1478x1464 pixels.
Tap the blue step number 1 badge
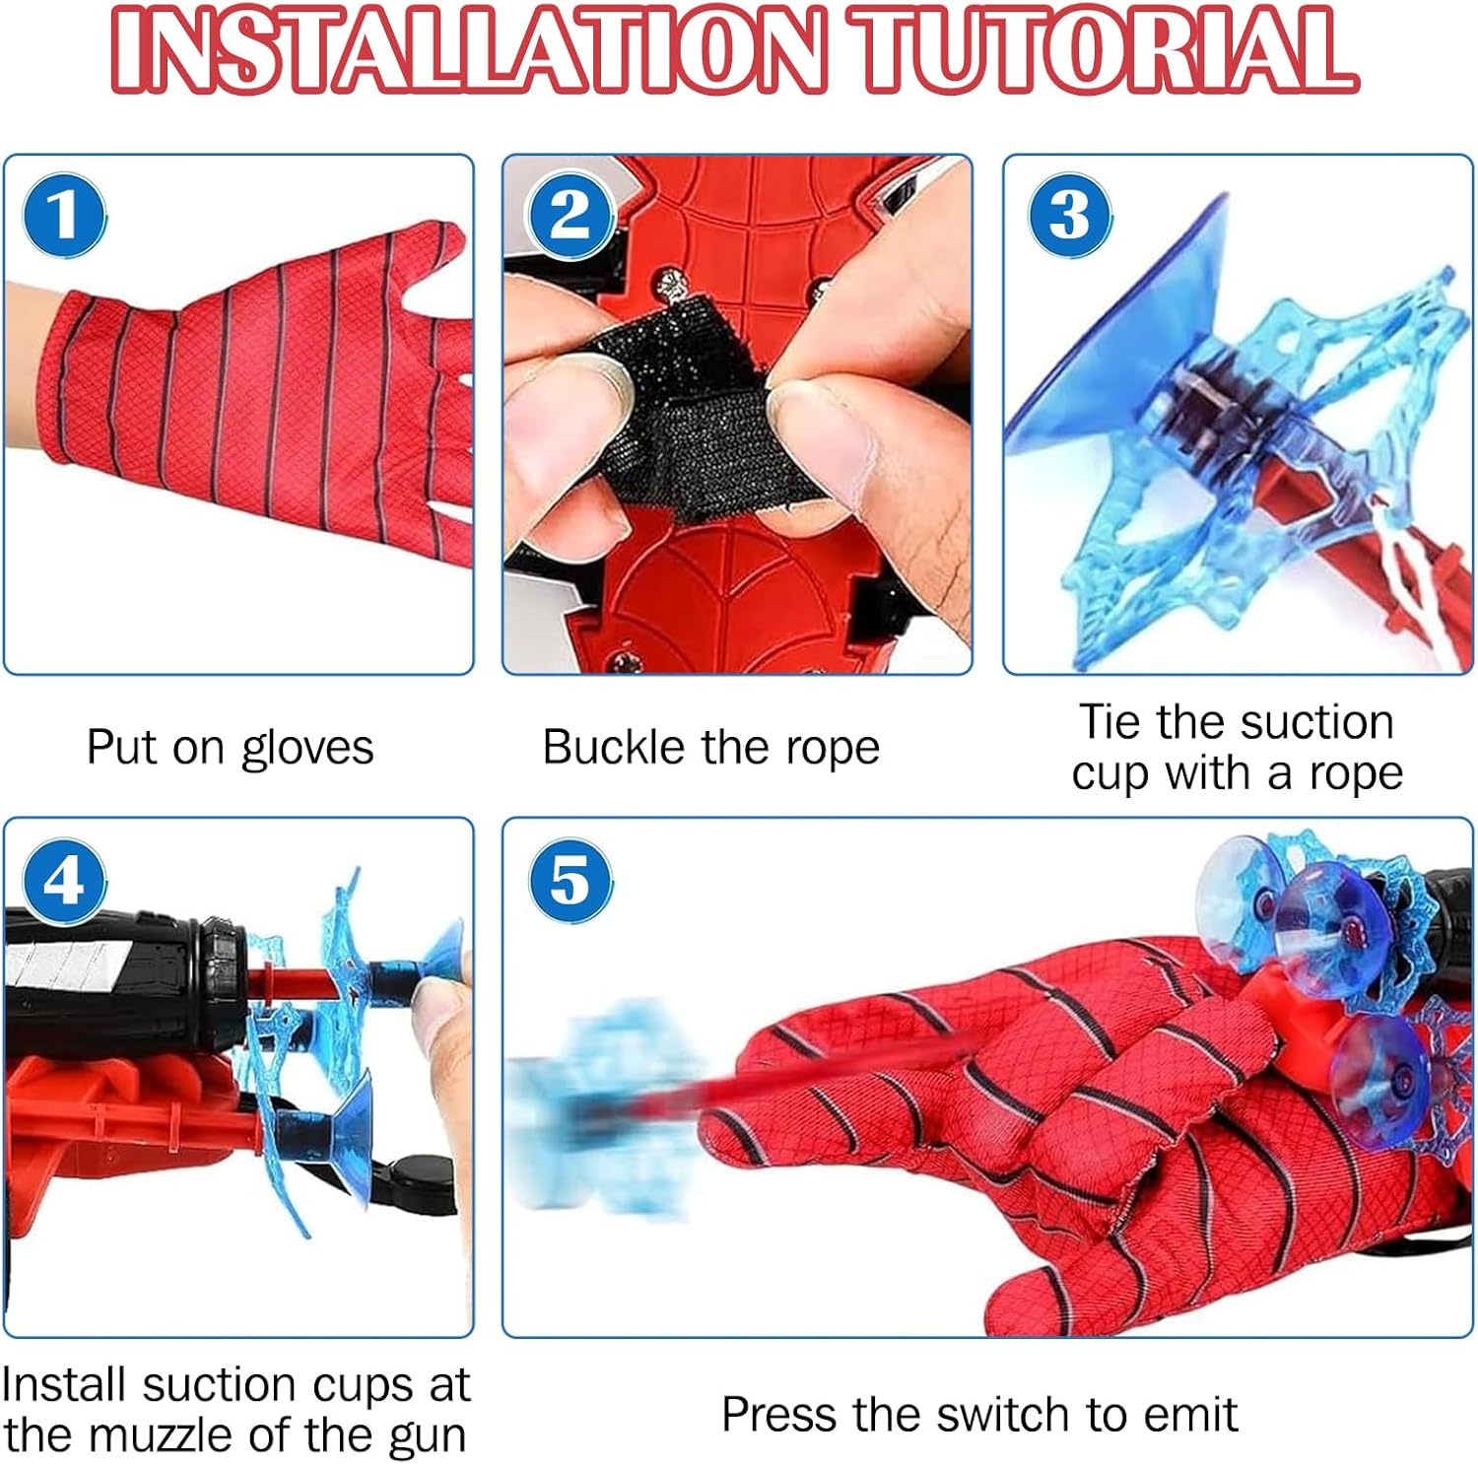click(65, 215)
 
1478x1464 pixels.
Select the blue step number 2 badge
click(571, 215)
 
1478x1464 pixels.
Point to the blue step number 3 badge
click(1071, 215)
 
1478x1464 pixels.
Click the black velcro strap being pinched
click(690, 414)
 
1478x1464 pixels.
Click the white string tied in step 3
click(1419, 581)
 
